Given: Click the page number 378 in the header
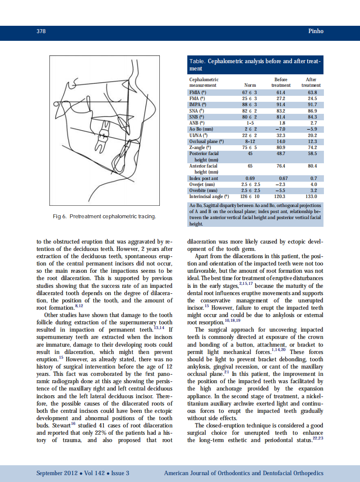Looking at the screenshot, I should [41, 31].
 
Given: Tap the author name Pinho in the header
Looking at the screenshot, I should [316, 31].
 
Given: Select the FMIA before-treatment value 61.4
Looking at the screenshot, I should [281, 92].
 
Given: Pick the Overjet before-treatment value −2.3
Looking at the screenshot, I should [281, 184].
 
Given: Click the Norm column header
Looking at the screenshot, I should [250, 85].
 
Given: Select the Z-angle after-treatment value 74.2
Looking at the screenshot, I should [313, 147].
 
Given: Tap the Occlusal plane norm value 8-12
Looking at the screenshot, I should [250, 141].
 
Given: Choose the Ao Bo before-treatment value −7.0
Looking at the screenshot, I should [281, 129].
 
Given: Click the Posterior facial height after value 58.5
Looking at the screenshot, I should [313, 153].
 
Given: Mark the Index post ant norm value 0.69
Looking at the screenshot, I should [250, 178].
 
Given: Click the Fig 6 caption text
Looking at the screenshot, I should [104, 216].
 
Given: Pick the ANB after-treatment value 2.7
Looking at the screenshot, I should [313, 123].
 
